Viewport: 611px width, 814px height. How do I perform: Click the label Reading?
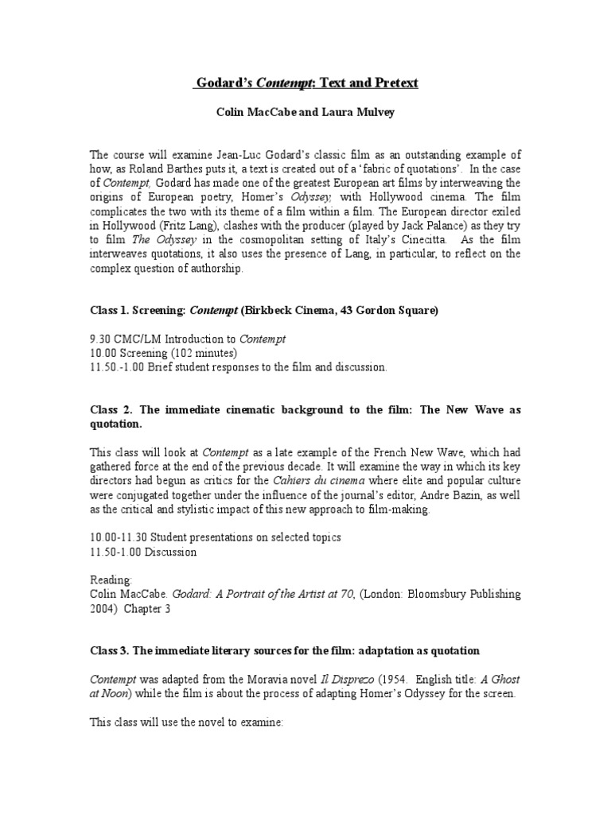[x=111, y=580]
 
